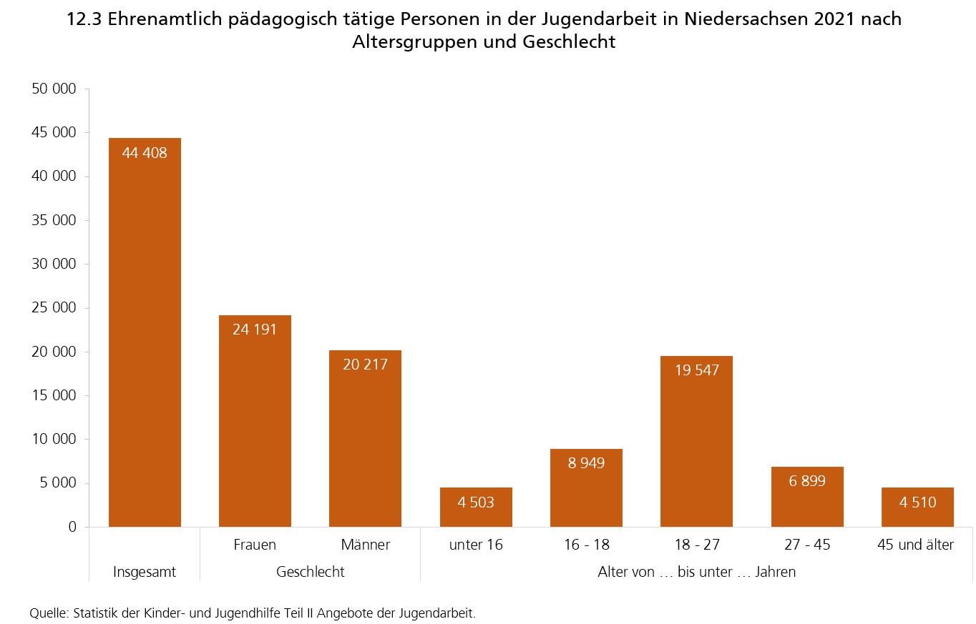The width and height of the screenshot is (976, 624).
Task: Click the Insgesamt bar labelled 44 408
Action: [145, 332]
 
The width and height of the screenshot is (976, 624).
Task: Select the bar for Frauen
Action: [255, 421]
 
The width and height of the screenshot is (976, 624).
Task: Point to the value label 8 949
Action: [586, 463]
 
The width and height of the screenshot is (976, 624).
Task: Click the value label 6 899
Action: [807, 481]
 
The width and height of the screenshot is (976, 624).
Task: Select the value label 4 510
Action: [917, 502]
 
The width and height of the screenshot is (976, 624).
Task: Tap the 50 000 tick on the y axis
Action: [54, 89]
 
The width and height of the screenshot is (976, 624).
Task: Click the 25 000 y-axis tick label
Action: [54, 308]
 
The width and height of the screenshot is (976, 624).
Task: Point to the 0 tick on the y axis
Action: [72, 527]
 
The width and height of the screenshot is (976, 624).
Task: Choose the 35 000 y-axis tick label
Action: [54, 220]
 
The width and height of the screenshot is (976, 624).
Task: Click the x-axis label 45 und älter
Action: [915, 545]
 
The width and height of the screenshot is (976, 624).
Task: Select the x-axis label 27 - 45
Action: [807, 545]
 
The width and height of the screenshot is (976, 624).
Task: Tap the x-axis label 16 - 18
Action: [586, 545]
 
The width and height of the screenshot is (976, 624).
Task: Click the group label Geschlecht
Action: [310, 572]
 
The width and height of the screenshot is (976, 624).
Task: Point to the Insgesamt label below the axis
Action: [145, 572]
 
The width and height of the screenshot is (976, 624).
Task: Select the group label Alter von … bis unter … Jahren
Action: [696, 572]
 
